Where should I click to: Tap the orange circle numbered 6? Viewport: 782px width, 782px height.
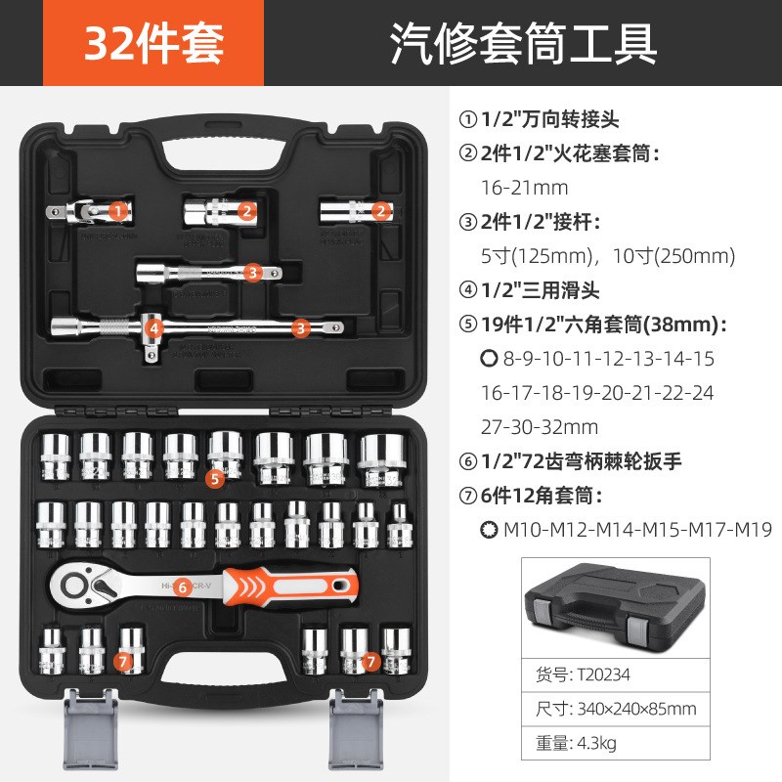(183, 586)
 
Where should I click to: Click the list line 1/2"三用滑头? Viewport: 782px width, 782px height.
(546, 290)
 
